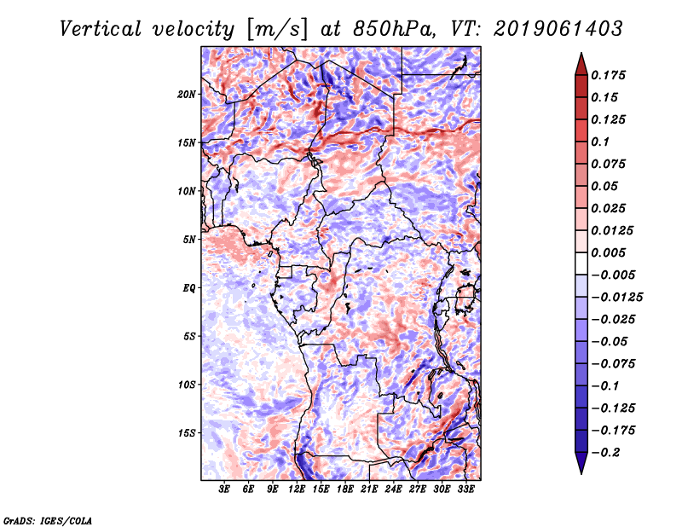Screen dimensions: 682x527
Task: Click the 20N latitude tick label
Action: coord(187,94)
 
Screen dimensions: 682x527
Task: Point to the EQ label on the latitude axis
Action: coord(189,287)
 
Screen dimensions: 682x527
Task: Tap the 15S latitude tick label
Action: coord(187,433)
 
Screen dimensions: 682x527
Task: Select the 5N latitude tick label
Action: coord(189,240)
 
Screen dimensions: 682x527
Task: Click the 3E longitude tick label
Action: coord(224,489)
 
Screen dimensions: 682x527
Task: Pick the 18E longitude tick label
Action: coord(344,489)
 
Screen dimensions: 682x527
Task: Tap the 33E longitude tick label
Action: coord(465,489)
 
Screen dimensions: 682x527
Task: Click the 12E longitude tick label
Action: coord(296,489)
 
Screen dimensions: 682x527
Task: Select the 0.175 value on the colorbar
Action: coord(608,75)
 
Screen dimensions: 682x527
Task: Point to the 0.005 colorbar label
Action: coord(608,252)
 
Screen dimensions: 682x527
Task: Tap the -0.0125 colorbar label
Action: coord(616,298)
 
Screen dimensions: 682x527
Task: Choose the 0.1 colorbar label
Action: coord(600,142)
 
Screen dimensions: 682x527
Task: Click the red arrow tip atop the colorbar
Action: coord(581,53)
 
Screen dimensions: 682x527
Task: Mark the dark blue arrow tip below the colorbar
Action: coord(581,473)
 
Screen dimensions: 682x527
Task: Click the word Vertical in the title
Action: coord(101,29)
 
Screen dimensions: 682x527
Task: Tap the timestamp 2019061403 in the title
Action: coord(558,29)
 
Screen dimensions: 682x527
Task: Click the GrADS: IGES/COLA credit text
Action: coord(48,520)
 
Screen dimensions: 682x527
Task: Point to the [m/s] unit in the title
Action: coord(276,30)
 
